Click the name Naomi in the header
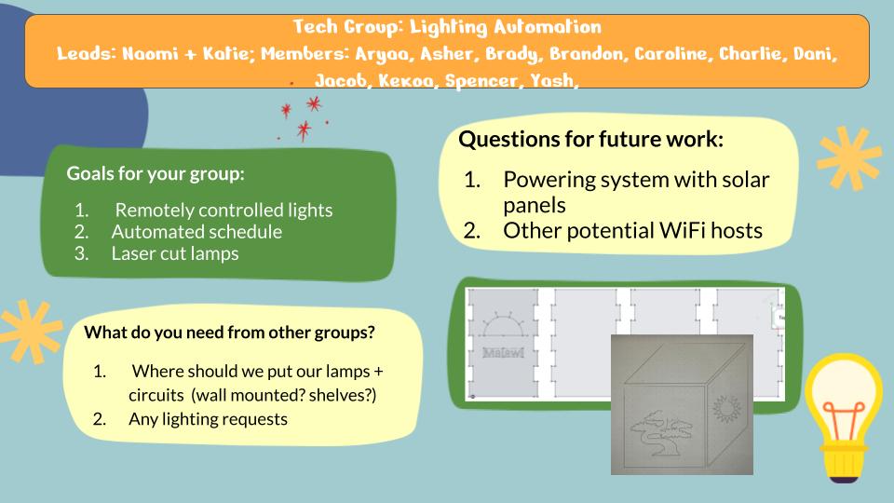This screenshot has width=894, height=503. coord(150,54)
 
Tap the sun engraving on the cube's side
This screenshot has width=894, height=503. coord(726,408)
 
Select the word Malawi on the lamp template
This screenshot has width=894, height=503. coord(503,352)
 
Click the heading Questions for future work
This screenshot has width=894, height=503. coord(590,139)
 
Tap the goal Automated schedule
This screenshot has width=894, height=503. coord(196,232)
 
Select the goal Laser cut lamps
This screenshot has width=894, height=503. coord(175,253)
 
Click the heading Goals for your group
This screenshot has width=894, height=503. coord(156,173)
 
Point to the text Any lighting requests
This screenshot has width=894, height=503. coord(208,419)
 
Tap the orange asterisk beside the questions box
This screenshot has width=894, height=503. coord(848,158)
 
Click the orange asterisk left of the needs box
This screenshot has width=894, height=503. coord(30,331)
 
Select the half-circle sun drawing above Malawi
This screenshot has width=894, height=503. coord(502,323)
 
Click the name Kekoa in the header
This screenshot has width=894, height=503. coord(405,81)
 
